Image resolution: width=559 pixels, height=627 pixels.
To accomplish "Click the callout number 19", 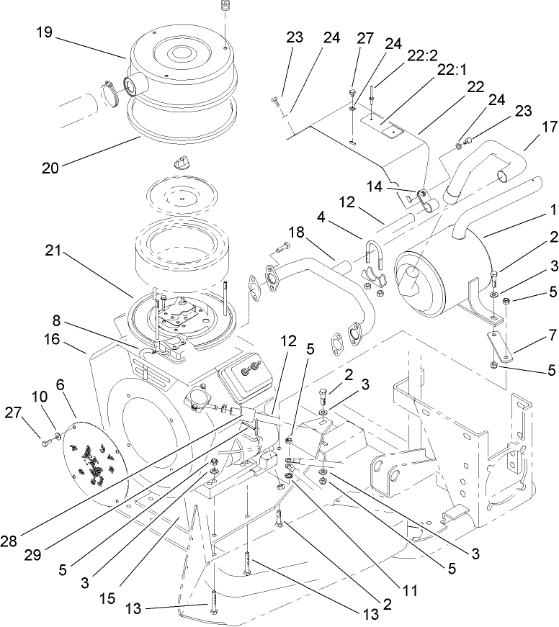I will point(45,32).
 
